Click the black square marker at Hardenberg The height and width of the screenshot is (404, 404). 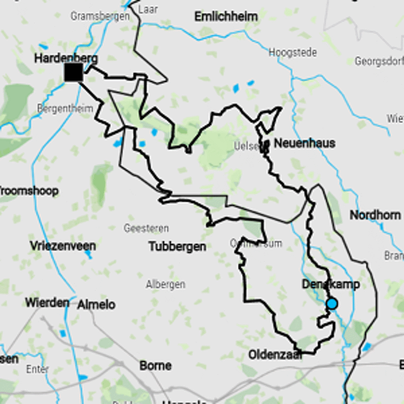pos(73,72)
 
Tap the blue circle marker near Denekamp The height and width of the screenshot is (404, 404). pos(332,304)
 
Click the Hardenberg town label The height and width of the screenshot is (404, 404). pos(66,58)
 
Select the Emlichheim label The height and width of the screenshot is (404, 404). pos(226,17)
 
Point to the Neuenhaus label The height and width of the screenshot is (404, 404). pos(304,143)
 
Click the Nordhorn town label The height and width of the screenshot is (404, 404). pos(375,215)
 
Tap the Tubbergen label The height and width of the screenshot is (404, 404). pos(177,246)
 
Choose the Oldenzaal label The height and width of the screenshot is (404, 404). pos(275,355)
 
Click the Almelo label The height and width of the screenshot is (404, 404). pos(96,305)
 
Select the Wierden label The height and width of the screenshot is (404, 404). pos(47,302)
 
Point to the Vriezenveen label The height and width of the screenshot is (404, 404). pos(63,246)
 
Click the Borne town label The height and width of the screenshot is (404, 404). pos(155,365)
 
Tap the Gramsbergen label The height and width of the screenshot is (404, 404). pos(100,16)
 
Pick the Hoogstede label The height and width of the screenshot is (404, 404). pos(293,53)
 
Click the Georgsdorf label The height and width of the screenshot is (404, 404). pos(379,62)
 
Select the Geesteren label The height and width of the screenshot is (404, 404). pos(146,229)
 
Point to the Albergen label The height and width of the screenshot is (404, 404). pos(165,284)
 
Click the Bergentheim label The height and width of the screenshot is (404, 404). pos(65,108)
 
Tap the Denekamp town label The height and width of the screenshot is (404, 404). pos(331,284)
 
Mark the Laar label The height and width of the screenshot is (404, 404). pos(148,10)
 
